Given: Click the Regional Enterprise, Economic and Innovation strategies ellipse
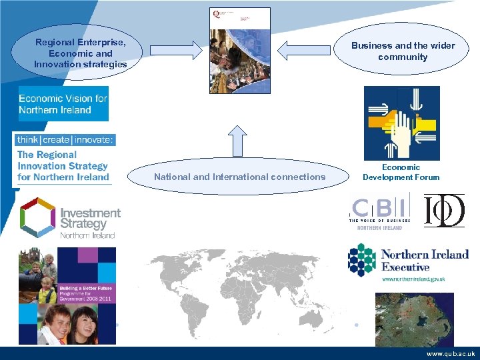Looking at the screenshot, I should (x=80, y=53).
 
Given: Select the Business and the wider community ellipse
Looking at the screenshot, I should (x=403, y=51).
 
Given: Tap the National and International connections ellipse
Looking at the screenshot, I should (x=239, y=177).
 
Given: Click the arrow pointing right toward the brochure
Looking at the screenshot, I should (x=175, y=50).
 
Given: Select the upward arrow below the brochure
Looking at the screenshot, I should (x=239, y=140).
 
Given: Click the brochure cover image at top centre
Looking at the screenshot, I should (x=240, y=51).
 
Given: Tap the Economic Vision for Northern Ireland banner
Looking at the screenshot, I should (x=63, y=103).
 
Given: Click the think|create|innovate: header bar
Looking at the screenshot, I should (x=65, y=139).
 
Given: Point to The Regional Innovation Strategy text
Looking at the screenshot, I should (x=63, y=165).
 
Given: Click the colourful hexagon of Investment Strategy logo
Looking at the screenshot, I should (x=37, y=216).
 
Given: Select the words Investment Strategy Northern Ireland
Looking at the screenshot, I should (x=89, y=222).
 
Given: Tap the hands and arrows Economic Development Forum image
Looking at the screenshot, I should (x=401, y=123).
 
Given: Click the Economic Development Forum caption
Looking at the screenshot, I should (x=401, y=172).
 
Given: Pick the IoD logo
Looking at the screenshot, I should (x=444, y=210).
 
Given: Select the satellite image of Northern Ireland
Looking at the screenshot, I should (x=414, y=318).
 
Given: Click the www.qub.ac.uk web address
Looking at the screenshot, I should (x=450, y=354).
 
